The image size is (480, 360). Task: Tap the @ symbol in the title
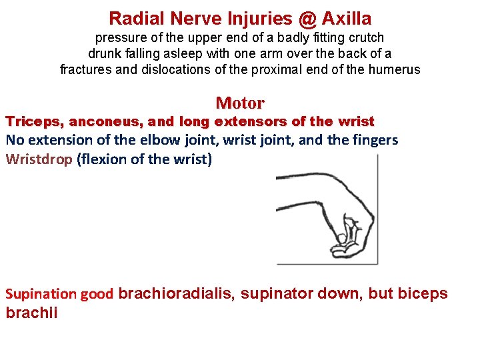coord(306,19)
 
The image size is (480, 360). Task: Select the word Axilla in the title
coord(347,19)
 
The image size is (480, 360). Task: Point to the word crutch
coord(365,38)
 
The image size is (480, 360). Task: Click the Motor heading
coord(240,103)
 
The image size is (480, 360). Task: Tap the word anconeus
coord(99,122)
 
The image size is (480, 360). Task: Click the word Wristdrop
coord(38,160)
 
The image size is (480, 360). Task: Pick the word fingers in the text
coord(377,141)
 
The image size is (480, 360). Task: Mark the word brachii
coord(31,313)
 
